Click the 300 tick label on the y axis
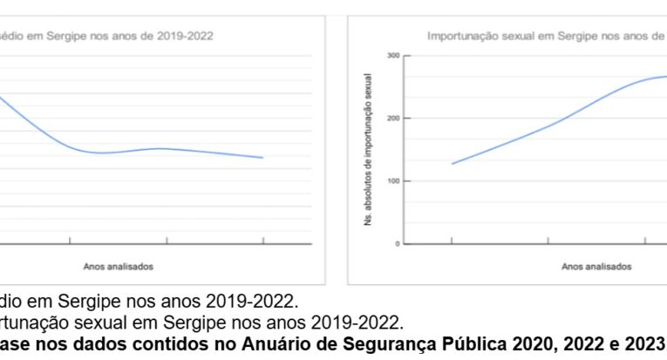[393, 56]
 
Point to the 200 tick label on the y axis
[393, 119]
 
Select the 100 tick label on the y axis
[393, 181]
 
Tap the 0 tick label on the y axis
[397, 244]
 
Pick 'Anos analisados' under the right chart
[596, 267]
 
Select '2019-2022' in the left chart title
[181, 36]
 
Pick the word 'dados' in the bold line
[100, 342]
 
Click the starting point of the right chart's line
[452, 164]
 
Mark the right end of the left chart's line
[262, 158]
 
